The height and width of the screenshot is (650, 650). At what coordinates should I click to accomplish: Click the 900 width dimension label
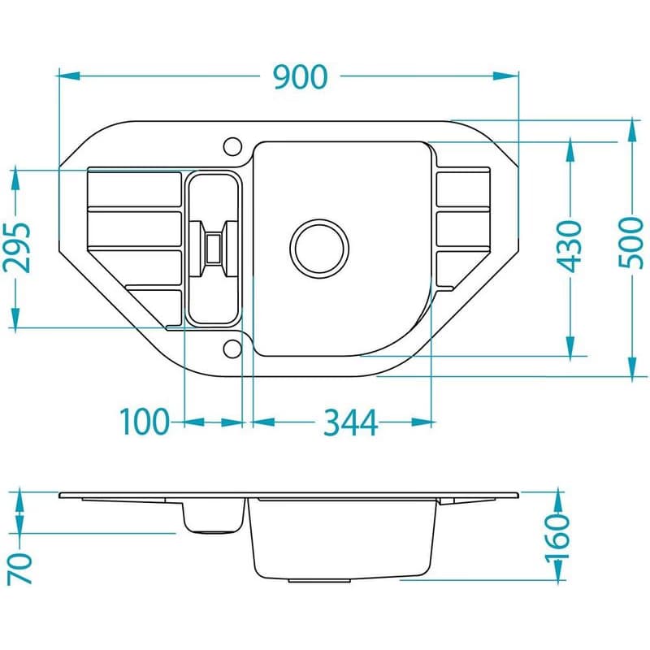[x=301, y=77]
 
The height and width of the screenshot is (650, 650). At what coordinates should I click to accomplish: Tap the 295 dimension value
[x=17, y=248]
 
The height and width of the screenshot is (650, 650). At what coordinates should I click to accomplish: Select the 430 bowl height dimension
[x=570, y=246]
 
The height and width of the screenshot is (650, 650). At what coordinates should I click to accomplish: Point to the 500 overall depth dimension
[x=630, y=243]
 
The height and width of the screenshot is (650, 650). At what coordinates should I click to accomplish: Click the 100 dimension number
[x=145, y=422]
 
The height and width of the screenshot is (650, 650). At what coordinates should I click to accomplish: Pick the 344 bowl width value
[x=350, y=422]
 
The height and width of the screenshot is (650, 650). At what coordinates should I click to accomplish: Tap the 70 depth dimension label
[x=19, y=568]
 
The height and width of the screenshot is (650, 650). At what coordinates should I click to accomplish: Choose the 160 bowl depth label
[x=557, y=538]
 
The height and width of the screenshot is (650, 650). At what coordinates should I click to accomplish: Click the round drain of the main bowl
[x=319, y=249]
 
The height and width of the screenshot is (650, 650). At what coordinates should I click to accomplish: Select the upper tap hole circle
[x=232, y=146]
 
